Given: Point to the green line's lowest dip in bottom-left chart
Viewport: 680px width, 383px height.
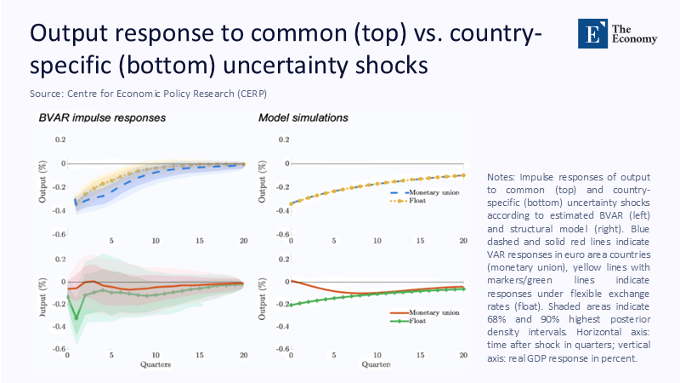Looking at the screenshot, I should tap(76, 318).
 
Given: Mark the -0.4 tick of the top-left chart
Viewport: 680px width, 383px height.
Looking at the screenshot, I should tap(59, 209).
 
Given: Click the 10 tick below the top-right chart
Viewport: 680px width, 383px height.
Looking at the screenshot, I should tap(377, 242).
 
